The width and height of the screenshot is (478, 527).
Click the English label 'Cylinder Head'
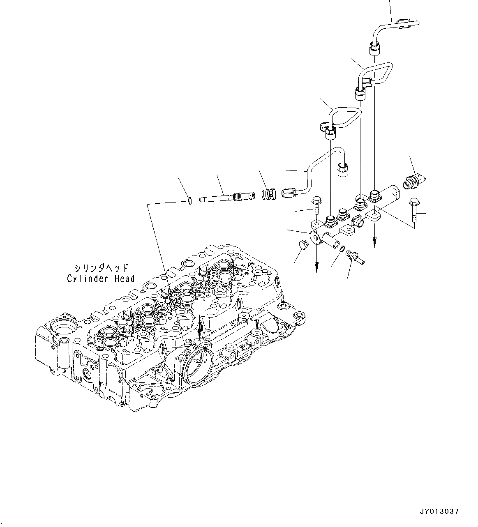click(x=101, y=279)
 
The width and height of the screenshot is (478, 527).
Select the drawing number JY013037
click(x=439, y=511)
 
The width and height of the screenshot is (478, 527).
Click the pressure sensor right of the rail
click(x=414, y=182)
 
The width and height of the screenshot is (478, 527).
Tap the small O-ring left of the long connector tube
click(x=189, y=201)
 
